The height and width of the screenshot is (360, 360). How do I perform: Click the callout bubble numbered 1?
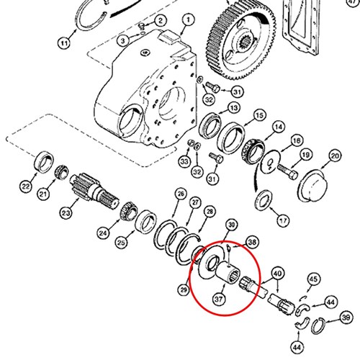click(188, 20)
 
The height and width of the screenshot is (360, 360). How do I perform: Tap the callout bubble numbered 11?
click(64, 43)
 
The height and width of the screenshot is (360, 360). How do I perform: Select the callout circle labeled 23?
click(66, 212)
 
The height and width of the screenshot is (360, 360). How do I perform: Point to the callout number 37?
click(219, 299)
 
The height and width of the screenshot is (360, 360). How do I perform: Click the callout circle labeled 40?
click(278, 274)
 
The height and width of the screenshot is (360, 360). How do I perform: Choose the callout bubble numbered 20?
click(335, 156)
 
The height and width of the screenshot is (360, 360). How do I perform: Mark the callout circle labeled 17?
click(283, 220)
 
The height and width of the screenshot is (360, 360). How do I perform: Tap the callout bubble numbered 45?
click(313, 279)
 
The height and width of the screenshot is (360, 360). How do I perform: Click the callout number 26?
click(181, 194)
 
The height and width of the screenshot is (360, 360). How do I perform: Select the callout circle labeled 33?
click(184, 161)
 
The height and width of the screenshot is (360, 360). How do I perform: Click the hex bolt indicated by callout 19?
click(287, 171)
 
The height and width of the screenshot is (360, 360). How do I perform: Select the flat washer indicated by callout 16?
click(271, 161)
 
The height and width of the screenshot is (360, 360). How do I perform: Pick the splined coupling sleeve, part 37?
click(228, 273)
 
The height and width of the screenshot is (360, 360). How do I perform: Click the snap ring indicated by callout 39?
click(318, 325)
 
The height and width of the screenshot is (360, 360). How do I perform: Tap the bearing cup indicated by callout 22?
click(45, 162)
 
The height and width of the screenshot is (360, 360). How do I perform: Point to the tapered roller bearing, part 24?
click(129, 212)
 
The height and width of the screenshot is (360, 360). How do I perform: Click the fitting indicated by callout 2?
click(143, 25)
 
